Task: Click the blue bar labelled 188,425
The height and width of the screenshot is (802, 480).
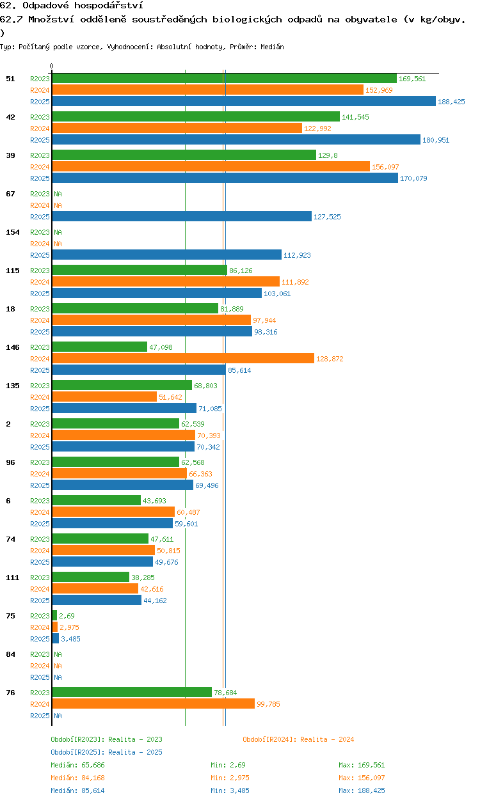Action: [x=244, y=101]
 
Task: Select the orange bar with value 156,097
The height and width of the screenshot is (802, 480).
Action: [x=211, y=166]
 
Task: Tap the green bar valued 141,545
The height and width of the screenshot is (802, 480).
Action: [x=196, y=116]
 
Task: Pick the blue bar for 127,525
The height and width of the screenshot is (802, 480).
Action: [x=182, y=216]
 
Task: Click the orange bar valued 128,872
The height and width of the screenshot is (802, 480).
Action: [x=183, y=358]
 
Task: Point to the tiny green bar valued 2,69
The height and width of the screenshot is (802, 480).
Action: [x=54, y=615]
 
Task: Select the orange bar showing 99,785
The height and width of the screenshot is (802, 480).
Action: [x=154, y=704]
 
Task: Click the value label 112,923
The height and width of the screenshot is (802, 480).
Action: [x=297, y=255]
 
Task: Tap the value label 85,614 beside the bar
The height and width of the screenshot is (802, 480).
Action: [x=239, y=370]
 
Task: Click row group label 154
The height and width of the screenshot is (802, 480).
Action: [x=13, y=232]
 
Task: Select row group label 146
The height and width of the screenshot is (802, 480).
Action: [x=13, y=347]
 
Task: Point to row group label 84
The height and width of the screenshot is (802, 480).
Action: [x=10, y=654]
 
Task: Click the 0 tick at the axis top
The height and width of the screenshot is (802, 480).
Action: [x=52, y=66]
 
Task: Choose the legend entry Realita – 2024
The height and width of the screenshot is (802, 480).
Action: [x=298, y=739]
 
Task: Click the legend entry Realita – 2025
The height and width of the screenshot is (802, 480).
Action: [x=106, y=752]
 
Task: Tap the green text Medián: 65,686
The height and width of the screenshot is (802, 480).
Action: [x=77, y=765]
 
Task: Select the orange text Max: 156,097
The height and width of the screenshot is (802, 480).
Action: [x=362, y=778]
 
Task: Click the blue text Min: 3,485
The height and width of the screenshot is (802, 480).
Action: [x=230, y=790]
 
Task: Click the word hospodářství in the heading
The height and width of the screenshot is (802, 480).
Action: [x=109, y=5]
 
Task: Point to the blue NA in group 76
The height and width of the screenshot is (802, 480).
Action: [x=58, y=716]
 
